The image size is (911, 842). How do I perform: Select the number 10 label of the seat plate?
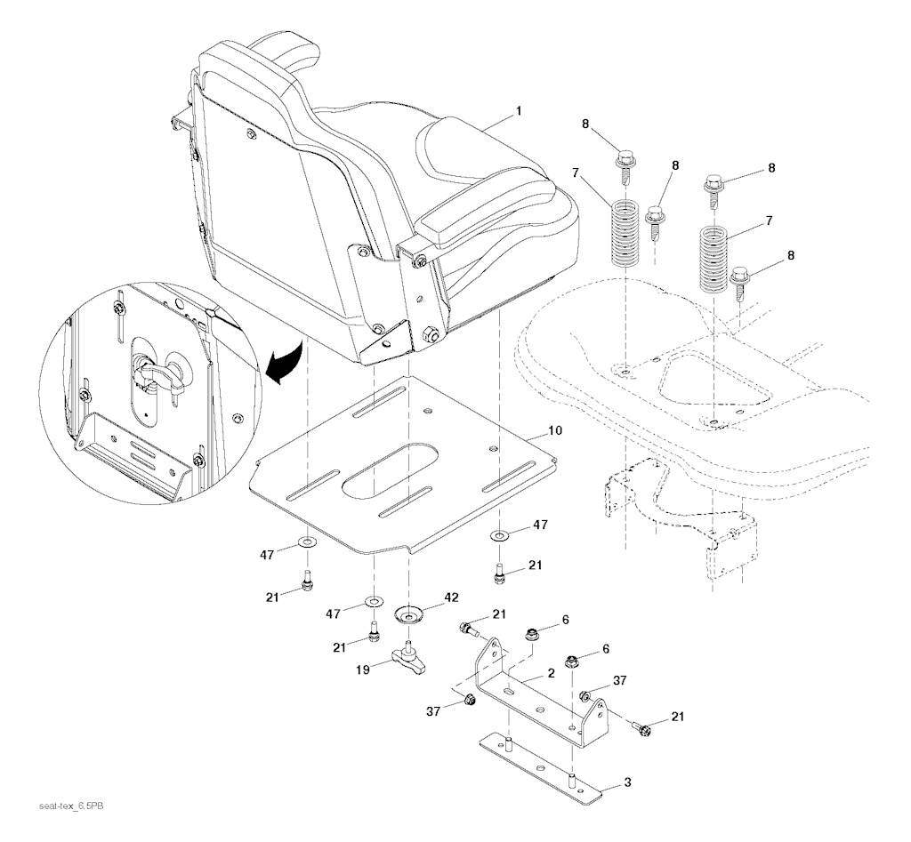pyautogui.click(x=554, y=430)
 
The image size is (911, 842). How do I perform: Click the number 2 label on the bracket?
pyautogui.click(x=551, y=673)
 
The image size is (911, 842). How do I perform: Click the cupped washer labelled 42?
pyautogui.click(x=408, y=613)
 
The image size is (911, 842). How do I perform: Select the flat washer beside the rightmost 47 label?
pyautogui.click(x=499, y=535)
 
